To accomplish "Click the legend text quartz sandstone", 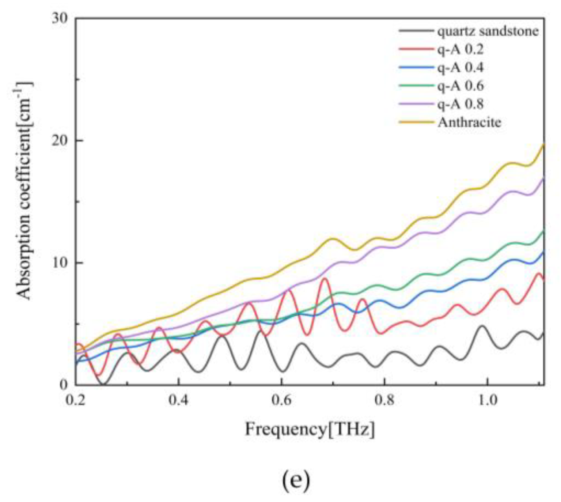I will [488, 31].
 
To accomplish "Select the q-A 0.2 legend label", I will [460, 49].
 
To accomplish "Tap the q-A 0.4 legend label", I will [460, 68].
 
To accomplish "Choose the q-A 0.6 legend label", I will [460, 86].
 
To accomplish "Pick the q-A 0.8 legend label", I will [460, 104].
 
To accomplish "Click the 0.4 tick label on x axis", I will [178, 400].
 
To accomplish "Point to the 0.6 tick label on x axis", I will [281, 400].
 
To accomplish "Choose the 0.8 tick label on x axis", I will [384, 400].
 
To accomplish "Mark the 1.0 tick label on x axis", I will [488, 400].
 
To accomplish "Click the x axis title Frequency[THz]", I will [310, 429].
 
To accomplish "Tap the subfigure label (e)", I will [296, 481].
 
